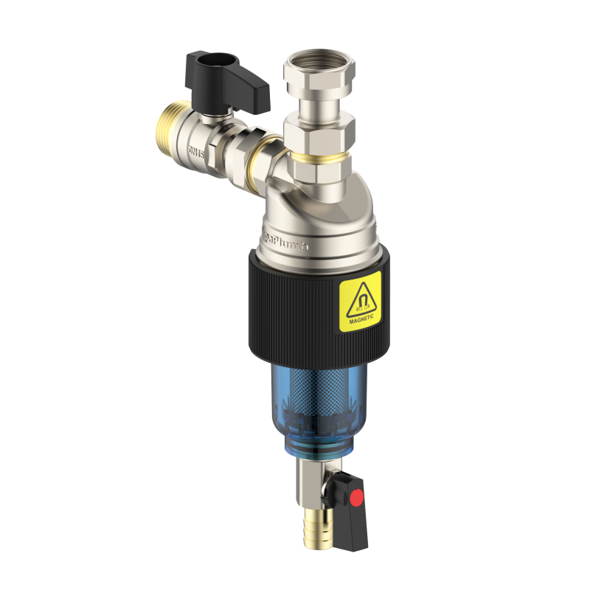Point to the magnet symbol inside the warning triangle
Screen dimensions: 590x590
pyautogui.click(x=360, y=297)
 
